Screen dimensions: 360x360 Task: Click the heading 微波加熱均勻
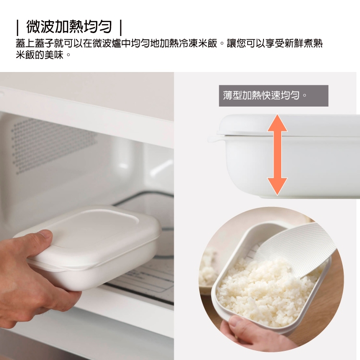click(69, 27)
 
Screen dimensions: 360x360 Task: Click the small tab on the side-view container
click(214, 139)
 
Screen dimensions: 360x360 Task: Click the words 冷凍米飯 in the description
click(198, 43)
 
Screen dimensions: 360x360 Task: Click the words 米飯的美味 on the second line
click(39, 55)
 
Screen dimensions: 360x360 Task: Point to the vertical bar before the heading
click(17, 27)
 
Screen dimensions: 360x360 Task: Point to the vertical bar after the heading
click(121, 27)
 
